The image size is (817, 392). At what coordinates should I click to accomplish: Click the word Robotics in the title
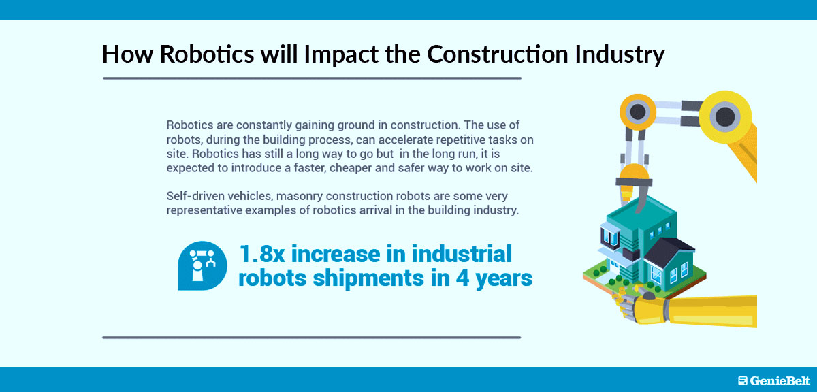[x=207, y=54]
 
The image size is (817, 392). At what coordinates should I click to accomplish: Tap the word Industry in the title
[x=620, y=54]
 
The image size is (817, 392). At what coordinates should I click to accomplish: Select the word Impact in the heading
[x=341, y=54]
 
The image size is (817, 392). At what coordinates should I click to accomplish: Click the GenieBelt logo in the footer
[x=773, y=380]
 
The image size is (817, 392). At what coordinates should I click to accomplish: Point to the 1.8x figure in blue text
[x=262, y=254]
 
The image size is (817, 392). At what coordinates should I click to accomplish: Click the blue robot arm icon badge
[x=202, y=265]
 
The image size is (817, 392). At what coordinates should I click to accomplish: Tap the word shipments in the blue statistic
[x=368, y=278]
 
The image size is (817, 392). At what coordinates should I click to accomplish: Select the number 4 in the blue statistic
[x=462, y=278]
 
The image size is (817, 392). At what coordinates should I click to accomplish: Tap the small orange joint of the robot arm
[x=637, y=112]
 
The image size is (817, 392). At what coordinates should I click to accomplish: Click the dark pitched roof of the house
[x=670, y=251]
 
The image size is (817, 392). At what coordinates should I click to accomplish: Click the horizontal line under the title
[x=313, y=78]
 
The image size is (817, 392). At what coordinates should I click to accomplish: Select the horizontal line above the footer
[x=312, y=338]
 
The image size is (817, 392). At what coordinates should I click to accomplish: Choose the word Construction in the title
[x=498, y=54]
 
